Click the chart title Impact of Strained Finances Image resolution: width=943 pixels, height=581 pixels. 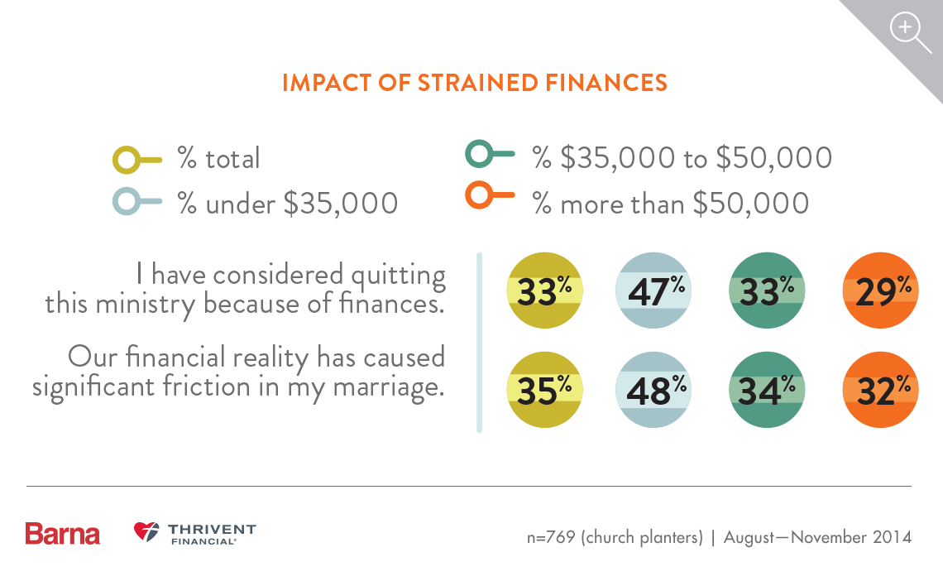[474, 83]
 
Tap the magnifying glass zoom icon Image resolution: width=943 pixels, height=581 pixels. [907, 31]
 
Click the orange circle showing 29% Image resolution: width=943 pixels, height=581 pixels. [879, 291]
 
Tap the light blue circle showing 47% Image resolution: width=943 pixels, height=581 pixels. [653, 291]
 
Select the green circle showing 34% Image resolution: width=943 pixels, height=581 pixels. [766, 390]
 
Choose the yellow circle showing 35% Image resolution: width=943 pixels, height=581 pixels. [542, 390]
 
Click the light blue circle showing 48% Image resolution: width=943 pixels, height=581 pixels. [653, 390]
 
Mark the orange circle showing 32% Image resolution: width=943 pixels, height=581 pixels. [879, 390]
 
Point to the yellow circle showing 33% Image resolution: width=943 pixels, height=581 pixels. [542, 291]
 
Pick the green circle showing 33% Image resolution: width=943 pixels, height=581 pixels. [766, 291]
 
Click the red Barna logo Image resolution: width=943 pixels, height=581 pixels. [62, 534]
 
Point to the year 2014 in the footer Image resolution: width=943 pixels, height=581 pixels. [892, 537]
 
